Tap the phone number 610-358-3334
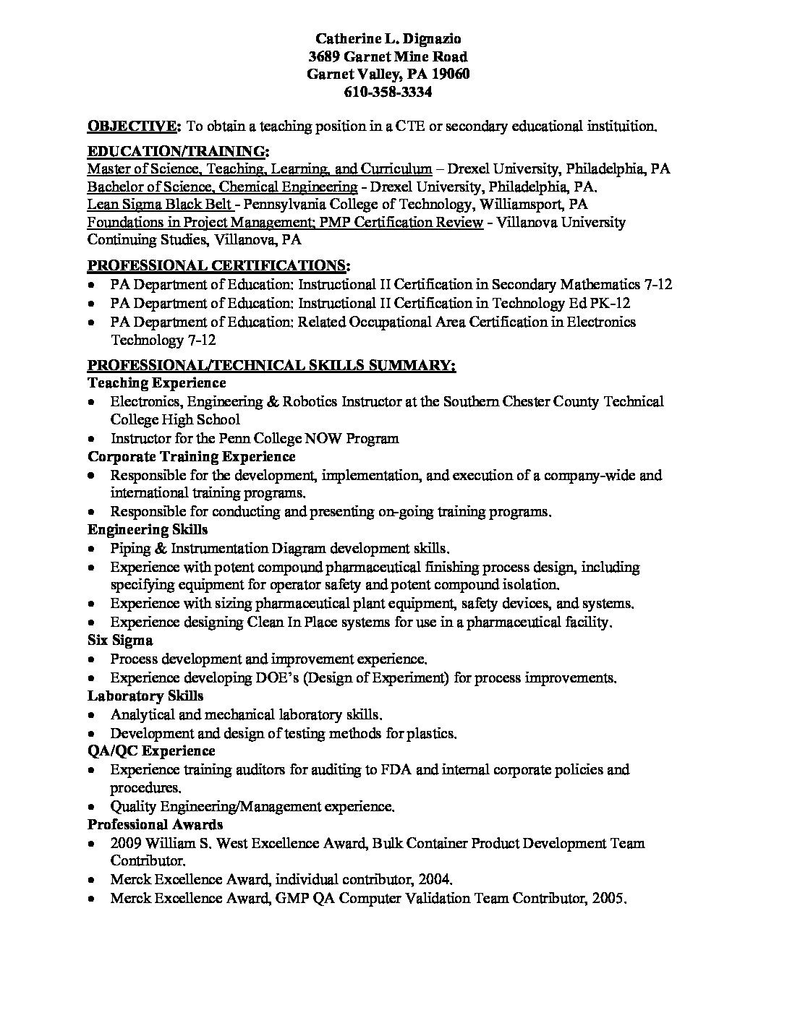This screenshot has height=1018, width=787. point(389,92)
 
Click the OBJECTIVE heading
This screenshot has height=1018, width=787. point(135,127)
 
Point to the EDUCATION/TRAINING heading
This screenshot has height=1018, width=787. point(178,151)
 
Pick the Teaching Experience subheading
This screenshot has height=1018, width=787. point(157,382)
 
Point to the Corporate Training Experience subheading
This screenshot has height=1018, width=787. point(192,456)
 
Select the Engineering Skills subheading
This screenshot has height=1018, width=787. point(148,529)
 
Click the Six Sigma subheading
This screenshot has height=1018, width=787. point(120,640)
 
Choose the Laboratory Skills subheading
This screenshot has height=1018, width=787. point(145,696)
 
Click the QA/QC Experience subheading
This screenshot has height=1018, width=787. point(151,750)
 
